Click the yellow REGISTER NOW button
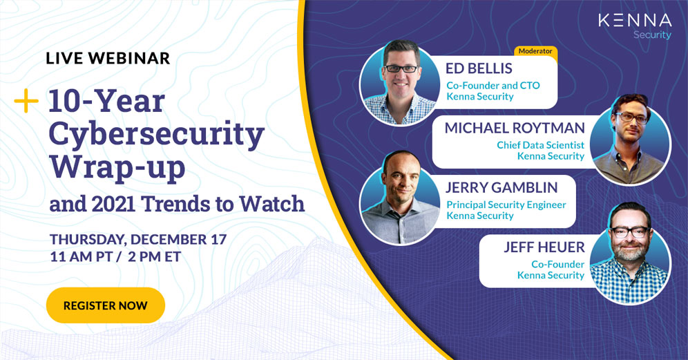[105, 305]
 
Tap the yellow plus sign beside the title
[26, 100]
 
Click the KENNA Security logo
[635, 26]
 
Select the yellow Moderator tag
[535, 51]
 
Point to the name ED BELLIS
[479, 68]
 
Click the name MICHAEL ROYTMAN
[515, 128]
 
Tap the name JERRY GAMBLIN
[501, 187]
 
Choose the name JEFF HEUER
[544, 247]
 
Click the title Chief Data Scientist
[541, 145]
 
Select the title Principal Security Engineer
[506, 205]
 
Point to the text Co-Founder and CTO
[493, 85]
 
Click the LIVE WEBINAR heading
[108, 59]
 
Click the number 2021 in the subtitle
[114, 204]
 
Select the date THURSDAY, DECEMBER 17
[138, 239]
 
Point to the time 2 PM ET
[155, 257]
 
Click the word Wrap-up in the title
[117, 168]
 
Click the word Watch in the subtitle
[271, 204]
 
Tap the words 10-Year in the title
[106, 101]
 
